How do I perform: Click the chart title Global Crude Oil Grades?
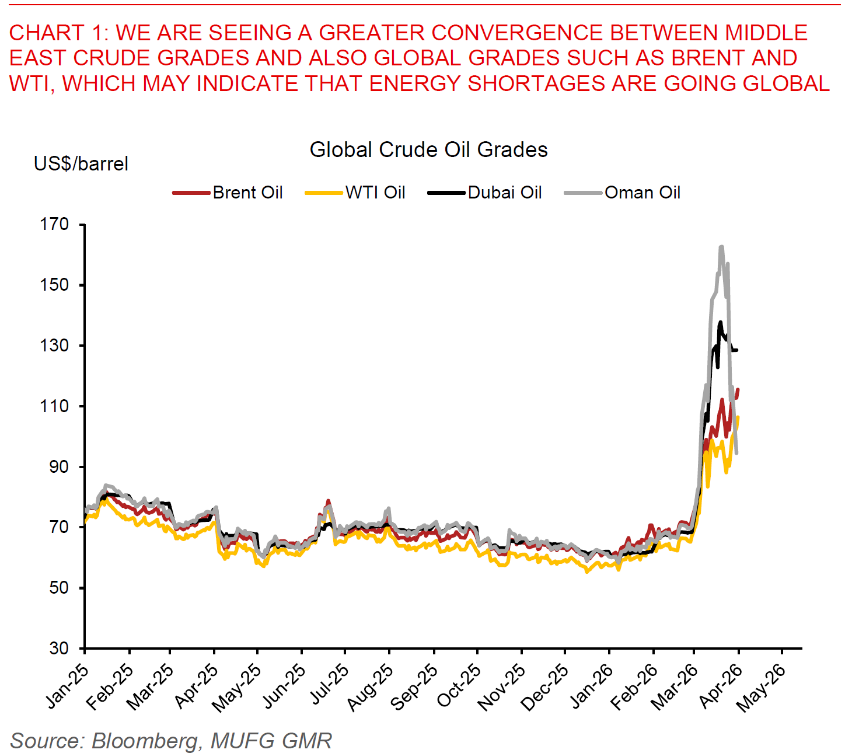pyautogui.click(x=428, y=150)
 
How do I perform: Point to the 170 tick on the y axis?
pyautogui.click(x=54, y=224)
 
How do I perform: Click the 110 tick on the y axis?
pyautogui.click(x=54, y=406)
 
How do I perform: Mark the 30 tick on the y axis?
pyautogui.click(x=59, y=648)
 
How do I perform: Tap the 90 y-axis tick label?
pyautogui.click(x=59, y=467)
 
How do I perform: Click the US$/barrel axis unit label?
pyautogui.click(x=81, y=164)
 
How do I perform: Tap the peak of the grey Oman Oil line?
pyautogui.click(x=721, y=247)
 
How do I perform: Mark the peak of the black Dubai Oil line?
pyautogui.click(x=721, y=322)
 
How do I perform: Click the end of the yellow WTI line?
pyautogui.click(x=738, y=417)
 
